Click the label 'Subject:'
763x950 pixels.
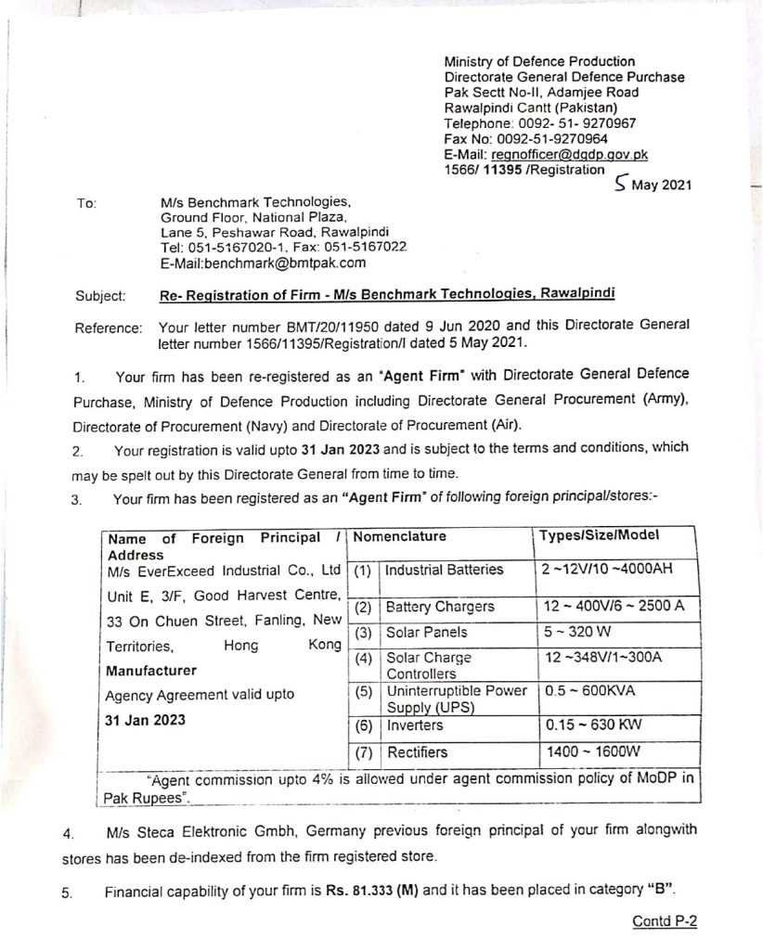100,296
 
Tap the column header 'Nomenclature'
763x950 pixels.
400,536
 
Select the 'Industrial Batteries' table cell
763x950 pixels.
444,569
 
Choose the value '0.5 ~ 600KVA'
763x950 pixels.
588,691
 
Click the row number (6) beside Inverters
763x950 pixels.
364,725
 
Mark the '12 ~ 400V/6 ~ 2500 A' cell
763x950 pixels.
601,607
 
